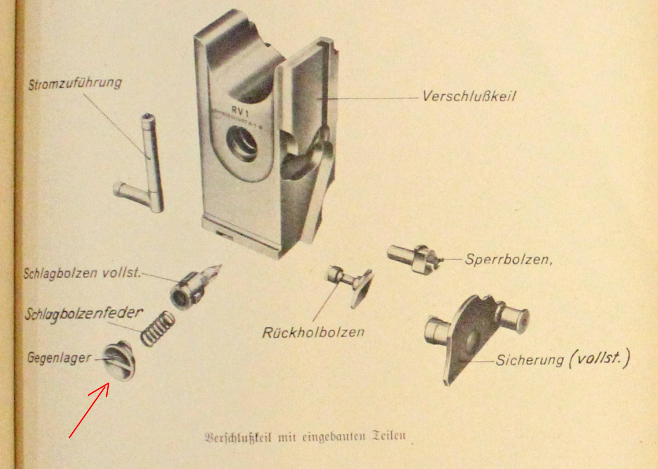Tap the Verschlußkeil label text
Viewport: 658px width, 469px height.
pyautogui.click(x=469, y=96)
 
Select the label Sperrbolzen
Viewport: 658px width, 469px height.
pyautogui.click(x=508, y=260)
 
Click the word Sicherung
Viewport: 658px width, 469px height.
pyautogui.click(x=529, y=360)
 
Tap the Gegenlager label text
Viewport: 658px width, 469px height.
pyautogui.click(x=59, y=358)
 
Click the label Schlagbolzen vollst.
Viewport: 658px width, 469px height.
pyautogui.click(x=82, y=273)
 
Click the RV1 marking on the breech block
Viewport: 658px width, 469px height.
pyautogui.click(x=240, y=111)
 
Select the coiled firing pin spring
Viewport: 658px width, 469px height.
pyautogui.click(x=158, y=328)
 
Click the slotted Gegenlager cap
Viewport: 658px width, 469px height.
pyautogui.click(x=119, y=361)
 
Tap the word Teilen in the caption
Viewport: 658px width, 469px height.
pyautogui.click(x=389, y=436)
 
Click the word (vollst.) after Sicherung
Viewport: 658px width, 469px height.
pyautogui.click(x=600, y=358)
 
